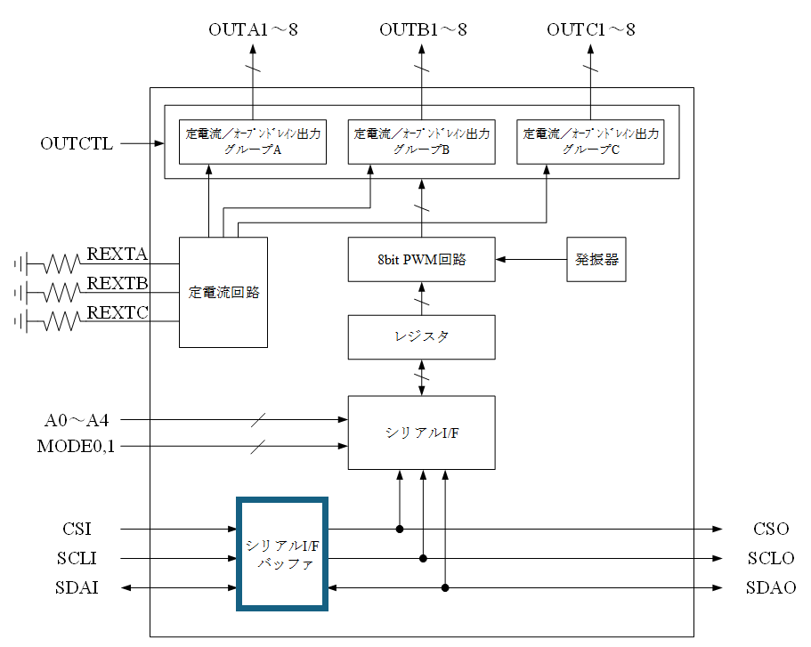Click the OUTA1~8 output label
(x=253, y=29)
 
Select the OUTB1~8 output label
(x=423, y=29)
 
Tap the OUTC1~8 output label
(x=590, y=29)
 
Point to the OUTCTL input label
(x=77, y=143)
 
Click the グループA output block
(x=253, y=142)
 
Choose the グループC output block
(x=590, y=142)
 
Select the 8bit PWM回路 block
(x=422, y=259)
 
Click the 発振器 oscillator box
(x=596, y=259)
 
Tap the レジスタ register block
(x=422, y=337)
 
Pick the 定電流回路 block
(x=223, y=292)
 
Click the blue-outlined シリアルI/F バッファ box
(x=282, y=554)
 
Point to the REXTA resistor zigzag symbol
(x=61, y=263)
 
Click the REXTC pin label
(x=118, y=312)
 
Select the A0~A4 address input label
(x=77, y=420)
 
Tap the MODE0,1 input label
(x=76, y=446)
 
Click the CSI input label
(x=77, y=529)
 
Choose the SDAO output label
(x=771, y=587)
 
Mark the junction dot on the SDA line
(x=445, y=587)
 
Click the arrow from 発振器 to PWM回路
(x=531, y=259)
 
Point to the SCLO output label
(x=771, y=558)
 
